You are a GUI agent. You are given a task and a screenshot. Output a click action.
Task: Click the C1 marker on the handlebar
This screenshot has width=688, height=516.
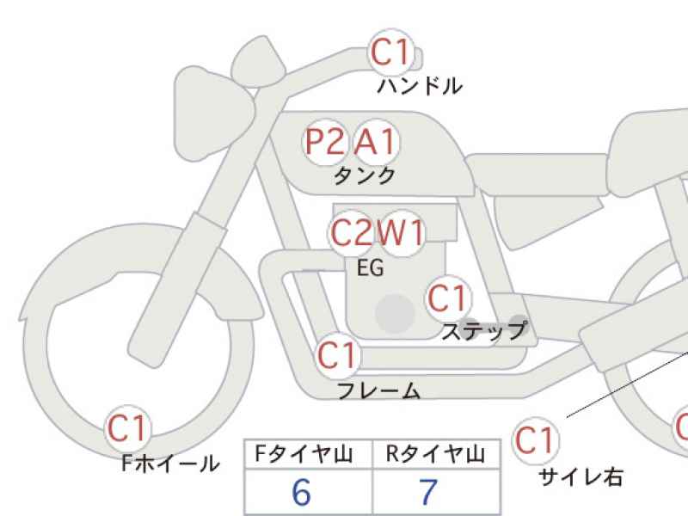coord(391,52)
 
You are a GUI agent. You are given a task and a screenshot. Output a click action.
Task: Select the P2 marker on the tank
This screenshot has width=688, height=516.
coord(325,143)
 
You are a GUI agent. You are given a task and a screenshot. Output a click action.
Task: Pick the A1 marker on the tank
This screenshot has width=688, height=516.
coord(376,143)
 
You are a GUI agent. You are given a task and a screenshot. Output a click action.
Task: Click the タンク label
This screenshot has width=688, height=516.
coord(365,176)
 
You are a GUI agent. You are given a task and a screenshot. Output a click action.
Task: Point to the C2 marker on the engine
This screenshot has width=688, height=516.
coord(351,233)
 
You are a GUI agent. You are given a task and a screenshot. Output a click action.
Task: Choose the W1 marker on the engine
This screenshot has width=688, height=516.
coord(401,233)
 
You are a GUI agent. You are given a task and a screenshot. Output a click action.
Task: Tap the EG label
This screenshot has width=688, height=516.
coord(371,267)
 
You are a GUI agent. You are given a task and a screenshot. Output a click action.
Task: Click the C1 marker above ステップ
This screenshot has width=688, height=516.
coord(448,298)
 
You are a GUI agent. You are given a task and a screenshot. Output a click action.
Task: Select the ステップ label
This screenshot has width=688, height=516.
coord(484,331)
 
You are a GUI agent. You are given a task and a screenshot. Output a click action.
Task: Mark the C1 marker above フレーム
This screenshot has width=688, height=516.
coord(337,355)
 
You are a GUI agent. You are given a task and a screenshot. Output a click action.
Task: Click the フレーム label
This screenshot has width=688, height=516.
coord(379,390)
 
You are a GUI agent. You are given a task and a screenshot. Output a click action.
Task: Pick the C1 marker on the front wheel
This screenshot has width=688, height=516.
coord(127,428)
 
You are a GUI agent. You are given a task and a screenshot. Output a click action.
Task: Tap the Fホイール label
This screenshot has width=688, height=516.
coord(170,463)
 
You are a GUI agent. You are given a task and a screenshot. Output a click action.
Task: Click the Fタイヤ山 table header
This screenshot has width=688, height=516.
coord(304,454)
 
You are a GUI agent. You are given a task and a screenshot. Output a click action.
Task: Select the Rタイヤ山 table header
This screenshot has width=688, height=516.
coord(435,454)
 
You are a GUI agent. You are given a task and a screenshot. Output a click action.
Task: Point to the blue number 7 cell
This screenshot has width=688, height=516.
coord(436,492)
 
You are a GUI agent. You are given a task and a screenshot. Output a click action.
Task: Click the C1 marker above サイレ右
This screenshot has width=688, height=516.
coord(536,440)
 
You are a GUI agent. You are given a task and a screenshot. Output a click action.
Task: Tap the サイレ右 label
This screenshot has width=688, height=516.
coord(580,477)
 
